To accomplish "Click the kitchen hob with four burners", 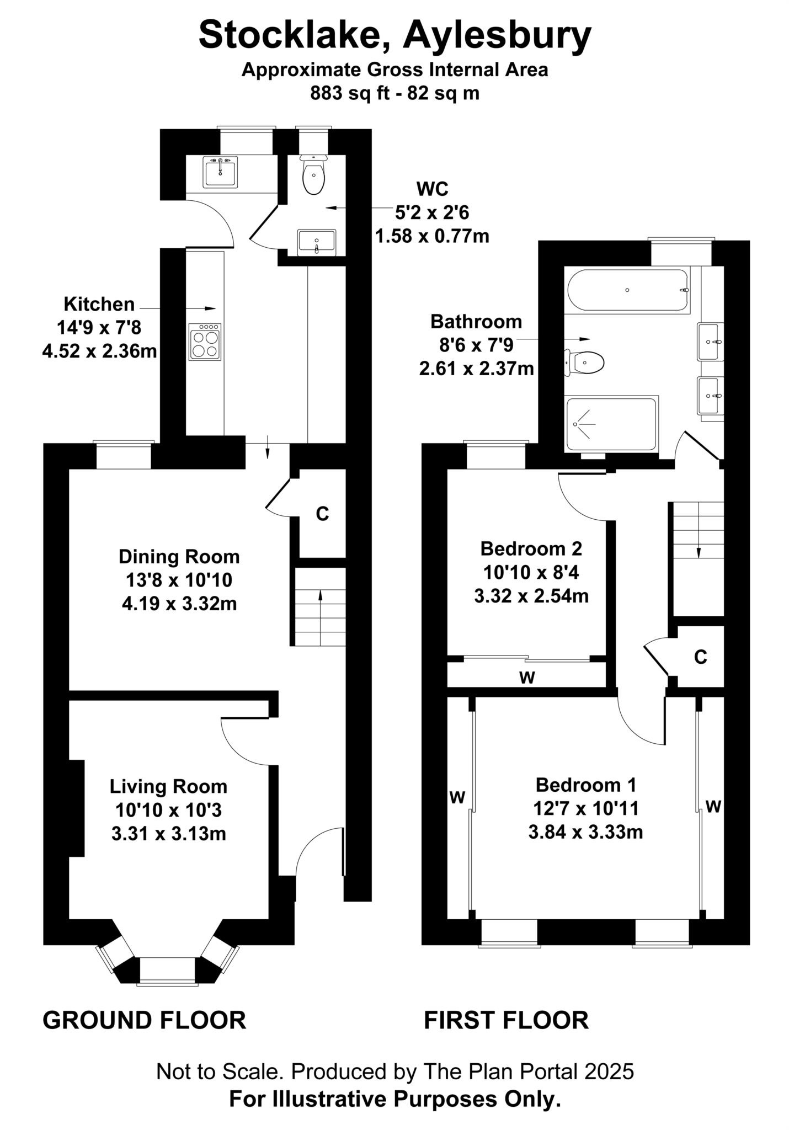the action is point(205,342).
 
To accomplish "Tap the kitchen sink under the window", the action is point(220,172).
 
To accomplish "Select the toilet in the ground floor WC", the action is point(313,174).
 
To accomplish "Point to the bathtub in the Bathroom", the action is point(627,290).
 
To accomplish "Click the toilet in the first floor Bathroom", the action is point(584,363).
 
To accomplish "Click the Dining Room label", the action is point(179,557).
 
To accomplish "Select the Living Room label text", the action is point(168,786).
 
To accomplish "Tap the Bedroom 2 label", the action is point(531,548).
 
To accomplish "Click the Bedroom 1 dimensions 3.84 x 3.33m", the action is point(586,831).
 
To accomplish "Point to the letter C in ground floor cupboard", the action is point(322,514).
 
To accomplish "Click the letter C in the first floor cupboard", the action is point(700,657).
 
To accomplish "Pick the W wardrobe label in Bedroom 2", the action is point(527,678).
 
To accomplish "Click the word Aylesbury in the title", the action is point(497,36).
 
